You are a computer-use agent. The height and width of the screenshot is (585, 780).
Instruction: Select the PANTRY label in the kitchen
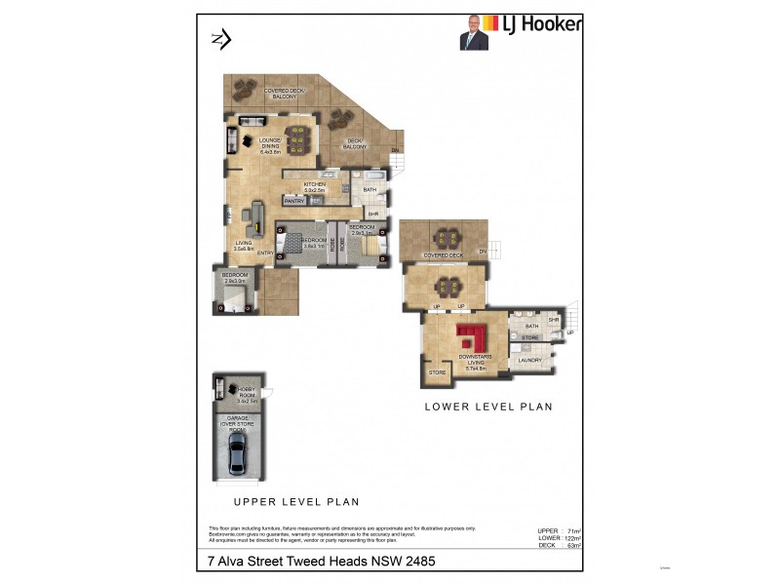point(295,201)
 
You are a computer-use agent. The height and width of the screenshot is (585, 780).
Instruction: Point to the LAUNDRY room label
point(529,361)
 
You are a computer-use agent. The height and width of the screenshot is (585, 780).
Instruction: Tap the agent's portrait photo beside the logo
point(473,32)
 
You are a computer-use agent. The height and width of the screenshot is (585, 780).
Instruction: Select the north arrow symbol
point(220,39)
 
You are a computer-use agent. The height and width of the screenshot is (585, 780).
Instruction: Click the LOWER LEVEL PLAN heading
point(487,407)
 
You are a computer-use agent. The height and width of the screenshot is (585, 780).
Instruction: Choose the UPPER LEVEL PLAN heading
point(295,502)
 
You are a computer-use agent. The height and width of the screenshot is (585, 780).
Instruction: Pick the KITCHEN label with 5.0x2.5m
point(314,187)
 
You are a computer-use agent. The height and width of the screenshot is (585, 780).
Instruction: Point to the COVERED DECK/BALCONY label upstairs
point(285,95)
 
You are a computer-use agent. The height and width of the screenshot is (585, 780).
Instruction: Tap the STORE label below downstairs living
point(437,371)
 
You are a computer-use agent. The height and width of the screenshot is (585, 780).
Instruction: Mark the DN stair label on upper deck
point(396,149)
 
